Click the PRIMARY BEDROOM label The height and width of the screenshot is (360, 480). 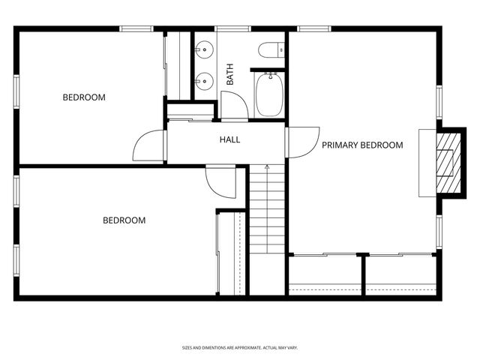362,145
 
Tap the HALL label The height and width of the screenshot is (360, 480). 229,139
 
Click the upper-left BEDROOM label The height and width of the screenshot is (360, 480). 84,97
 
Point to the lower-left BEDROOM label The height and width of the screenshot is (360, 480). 124,220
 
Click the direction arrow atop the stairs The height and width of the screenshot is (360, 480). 267,166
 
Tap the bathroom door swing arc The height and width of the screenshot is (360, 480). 233,105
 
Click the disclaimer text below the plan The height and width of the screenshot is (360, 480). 240,348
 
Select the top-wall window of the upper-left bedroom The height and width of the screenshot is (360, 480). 136,28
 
